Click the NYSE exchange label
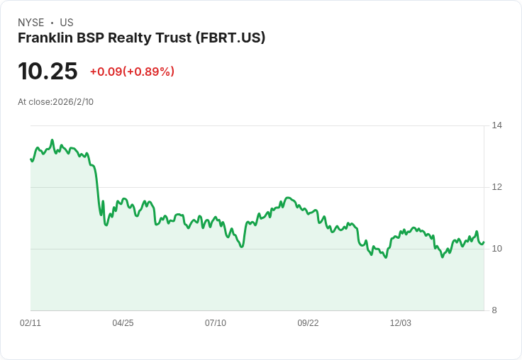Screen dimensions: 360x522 (x=30, y=23)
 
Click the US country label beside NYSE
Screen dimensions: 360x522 (x=67, y=23)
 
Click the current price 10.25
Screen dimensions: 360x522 (x=48, y=71)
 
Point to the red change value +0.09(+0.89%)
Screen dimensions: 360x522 (x=132, y=72)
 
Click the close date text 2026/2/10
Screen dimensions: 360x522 (x=73, y=102)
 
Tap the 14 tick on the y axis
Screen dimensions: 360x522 (x=497, y=125)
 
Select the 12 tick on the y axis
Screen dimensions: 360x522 (x=497, y=187)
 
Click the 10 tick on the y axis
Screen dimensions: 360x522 (x=497, y=249)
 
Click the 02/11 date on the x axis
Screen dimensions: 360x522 (x=30, y=323)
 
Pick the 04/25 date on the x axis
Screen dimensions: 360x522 (x=123, y=323)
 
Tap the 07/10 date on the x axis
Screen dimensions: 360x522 (x=216, y=323)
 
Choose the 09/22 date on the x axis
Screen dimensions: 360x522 (x=308, y=323)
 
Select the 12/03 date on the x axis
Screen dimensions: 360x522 (x=401, y=323)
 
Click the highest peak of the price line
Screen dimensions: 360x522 (x=52, y=140)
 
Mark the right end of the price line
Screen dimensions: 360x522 (x=484, y=242)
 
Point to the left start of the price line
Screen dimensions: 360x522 (x=30, y=159)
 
